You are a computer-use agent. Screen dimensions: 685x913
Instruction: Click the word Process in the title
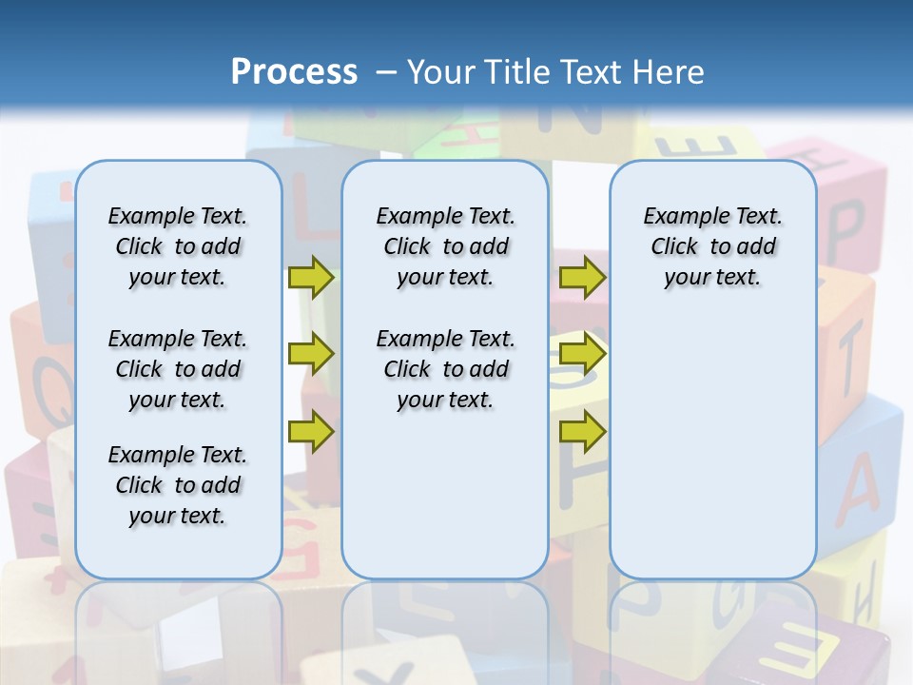click(x=294, y=72)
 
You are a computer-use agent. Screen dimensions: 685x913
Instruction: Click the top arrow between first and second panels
click(x=310, y=278)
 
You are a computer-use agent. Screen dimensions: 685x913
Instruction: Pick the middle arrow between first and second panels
click(x=310, y=354)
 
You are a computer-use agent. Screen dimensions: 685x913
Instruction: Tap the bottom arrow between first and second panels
click(x=310, y=431)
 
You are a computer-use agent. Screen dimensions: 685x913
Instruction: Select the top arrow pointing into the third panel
click(x=582, y=278)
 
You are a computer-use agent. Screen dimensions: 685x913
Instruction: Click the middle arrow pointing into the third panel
click(x=582, y=354)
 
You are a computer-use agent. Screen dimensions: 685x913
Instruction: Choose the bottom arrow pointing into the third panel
click(x=582, y=431)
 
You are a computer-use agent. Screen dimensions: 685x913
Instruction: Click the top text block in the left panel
click(x=178, y=246)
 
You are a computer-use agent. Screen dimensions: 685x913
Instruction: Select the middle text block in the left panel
click(x=178, y=369)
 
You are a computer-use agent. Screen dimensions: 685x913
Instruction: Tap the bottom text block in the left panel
click(x=178, y=485)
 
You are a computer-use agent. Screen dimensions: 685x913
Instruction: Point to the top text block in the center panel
click(x=446, y=246)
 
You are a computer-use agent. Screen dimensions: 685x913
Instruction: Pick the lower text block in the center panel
click(x=446, y=369)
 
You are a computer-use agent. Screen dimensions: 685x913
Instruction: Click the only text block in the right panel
click(x=713, y=246)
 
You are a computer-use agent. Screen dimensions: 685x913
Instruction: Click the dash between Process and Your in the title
click(x=385, y=72)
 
